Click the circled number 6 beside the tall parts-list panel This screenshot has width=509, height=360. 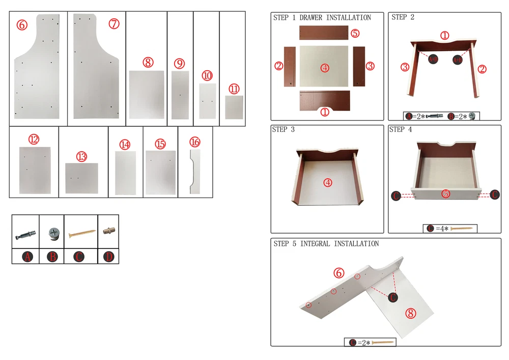(x=22, y=25)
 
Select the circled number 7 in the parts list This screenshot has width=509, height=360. (x=114, y=24)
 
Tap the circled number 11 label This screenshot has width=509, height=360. (x=234, y=89)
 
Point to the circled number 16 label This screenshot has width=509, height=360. (x=195, y=142)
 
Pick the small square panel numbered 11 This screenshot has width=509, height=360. (x=234, y=107)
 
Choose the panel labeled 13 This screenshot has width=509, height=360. (x=81, y=178)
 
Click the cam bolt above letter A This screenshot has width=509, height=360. (x=25, y=234)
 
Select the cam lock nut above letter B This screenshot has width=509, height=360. (x=53, y=233)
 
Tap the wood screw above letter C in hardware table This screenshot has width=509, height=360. (x=82, y=233)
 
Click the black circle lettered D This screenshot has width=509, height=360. (x=108, y=257)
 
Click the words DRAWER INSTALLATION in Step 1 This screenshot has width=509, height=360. (x=335, y=17)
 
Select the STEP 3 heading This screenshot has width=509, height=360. (x=283, y=129)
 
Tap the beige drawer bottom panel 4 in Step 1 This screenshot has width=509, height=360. (x=324, y=66)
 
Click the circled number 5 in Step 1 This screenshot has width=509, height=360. (x=355, y=33)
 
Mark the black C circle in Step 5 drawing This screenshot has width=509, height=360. (x=393, y=297)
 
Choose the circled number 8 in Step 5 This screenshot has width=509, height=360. (x=411, y=313)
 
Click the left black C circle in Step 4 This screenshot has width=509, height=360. (x=396, y=196)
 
